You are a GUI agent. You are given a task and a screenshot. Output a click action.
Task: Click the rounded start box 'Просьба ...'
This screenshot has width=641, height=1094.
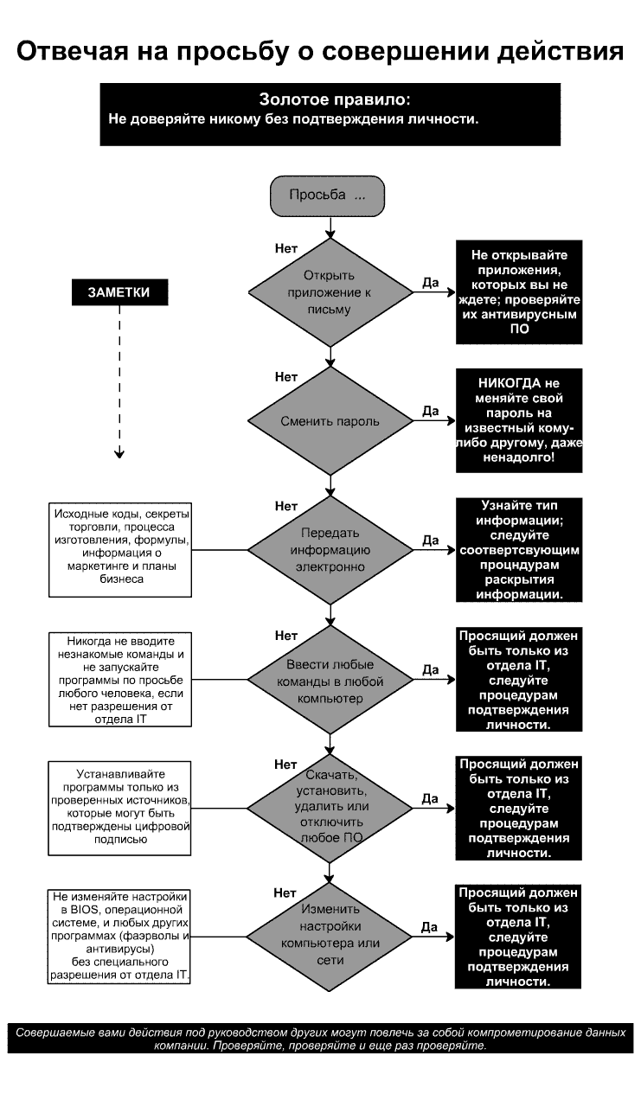click(x=327, y=195)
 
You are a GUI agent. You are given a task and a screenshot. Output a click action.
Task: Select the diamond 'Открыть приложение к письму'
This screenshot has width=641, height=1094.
click(x=330, y=292)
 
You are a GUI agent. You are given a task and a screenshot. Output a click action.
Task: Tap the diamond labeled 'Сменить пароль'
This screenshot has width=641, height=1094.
click(x=330, y=421)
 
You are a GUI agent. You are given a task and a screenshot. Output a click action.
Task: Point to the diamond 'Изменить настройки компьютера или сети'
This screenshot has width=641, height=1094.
click(x=330, y=935)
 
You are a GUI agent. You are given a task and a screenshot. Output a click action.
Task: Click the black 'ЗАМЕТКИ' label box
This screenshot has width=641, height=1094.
click(x=119, y=292)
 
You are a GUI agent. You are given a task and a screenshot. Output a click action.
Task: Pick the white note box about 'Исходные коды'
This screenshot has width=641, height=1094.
click(x=119, y=549)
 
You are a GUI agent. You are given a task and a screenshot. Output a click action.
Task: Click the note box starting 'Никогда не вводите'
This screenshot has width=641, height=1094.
click(x=119, y=679)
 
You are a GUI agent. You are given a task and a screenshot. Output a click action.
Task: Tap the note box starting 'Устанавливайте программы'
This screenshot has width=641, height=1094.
click(x=119, y=807)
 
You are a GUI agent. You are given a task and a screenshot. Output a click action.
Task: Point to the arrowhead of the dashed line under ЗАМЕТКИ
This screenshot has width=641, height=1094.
click(x=119, y=454)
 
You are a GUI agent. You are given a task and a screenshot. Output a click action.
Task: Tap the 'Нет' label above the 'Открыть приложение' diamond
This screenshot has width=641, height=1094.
click(x=286, y=248)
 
